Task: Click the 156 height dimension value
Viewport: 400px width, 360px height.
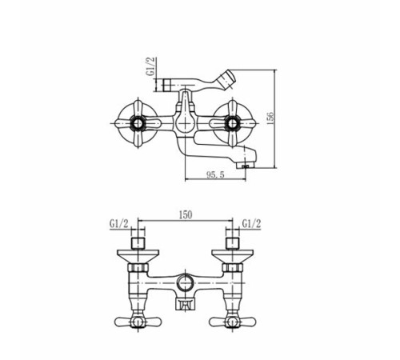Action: [x=270, y=118]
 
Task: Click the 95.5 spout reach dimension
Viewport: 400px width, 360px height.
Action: [x=215, y=174]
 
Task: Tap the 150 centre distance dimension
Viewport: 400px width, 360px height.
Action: [x=186, y=215]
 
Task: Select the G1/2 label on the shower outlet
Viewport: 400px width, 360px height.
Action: [x=151, y=66]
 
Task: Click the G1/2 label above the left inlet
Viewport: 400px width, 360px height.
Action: [x=119, y=224]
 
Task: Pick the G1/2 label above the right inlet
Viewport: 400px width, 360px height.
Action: [x=251, y=224]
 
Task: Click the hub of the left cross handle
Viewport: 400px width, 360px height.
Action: [x=138, y=123]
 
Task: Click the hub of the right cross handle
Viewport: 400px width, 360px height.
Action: [x=232, y=123]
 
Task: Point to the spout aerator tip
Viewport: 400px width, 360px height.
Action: [x=246, y=166]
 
